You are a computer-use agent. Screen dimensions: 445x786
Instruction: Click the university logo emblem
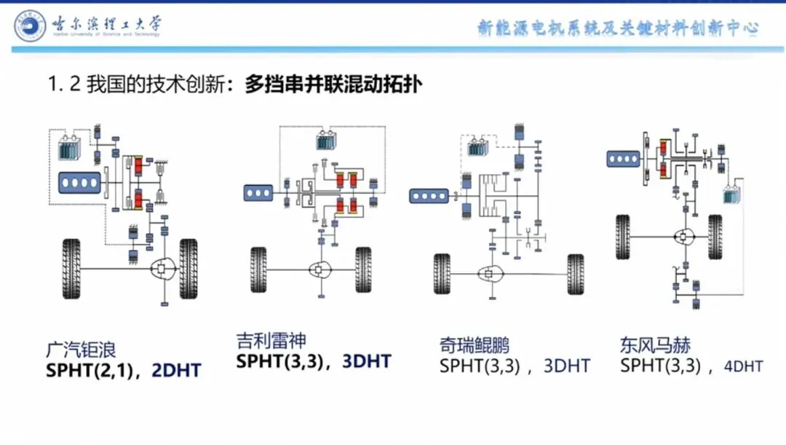point(29,26)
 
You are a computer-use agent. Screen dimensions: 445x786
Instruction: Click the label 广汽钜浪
point(81,350)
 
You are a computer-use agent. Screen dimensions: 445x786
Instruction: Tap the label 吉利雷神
point(271,340)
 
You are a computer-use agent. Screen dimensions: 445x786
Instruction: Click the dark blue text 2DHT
point(176,371)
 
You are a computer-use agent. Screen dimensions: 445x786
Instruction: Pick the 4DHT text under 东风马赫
point(743,366)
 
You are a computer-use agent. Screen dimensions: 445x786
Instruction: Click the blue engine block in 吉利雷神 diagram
point(258,192)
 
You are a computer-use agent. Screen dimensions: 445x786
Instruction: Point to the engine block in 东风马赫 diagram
point(624,157)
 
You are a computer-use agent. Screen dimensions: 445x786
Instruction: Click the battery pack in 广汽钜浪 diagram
point(71,149)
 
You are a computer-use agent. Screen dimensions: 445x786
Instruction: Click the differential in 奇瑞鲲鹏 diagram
point(486,275)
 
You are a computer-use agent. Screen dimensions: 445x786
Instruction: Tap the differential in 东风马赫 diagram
point(685,237)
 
